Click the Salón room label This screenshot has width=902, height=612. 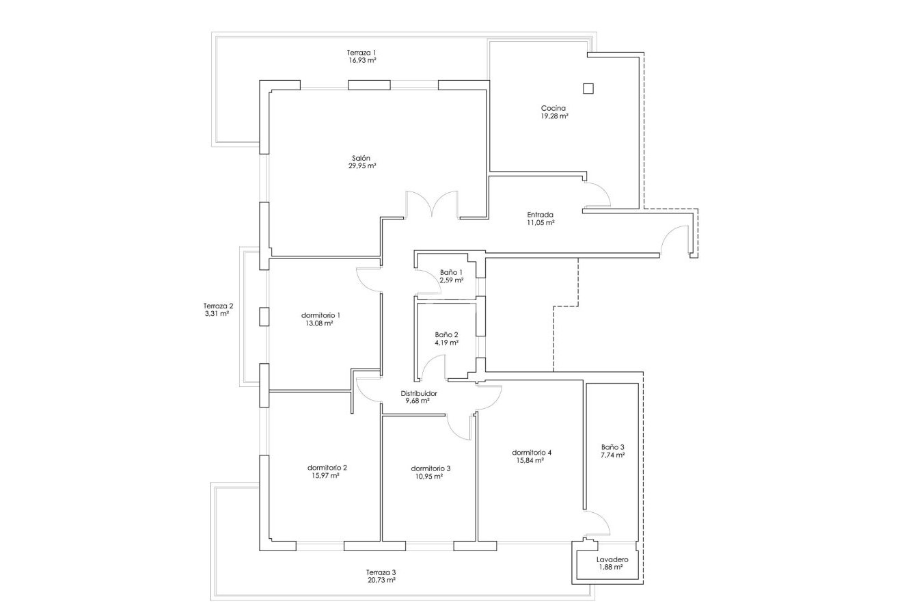pos(362,157)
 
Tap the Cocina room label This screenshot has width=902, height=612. pos(553,108)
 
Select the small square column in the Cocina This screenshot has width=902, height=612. pos(588,88)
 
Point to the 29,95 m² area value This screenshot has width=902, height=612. pos(362,166)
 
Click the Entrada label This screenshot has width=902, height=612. pos(540,214)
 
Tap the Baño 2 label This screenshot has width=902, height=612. pos(446,334)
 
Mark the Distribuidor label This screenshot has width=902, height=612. pos(418,394)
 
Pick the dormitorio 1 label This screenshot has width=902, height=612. pos(320,315)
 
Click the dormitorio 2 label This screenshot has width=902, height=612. pos(327,468)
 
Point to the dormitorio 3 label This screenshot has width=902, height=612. pos(430,468)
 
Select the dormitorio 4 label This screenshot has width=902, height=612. pos(532,453)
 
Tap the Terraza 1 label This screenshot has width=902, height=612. pos(361,53)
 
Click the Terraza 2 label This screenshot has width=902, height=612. pos(218,306)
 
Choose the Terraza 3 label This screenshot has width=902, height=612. pos(381,572)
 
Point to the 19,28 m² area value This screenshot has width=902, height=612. pos(554,117)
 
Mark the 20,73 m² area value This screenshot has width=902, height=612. pos(381,581)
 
